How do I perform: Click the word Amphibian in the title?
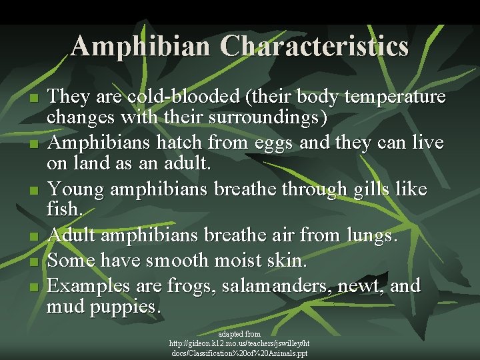[x=142, y=46]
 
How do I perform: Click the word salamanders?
[x=279, y=287]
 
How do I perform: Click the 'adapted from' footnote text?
[x=239, y=333]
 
